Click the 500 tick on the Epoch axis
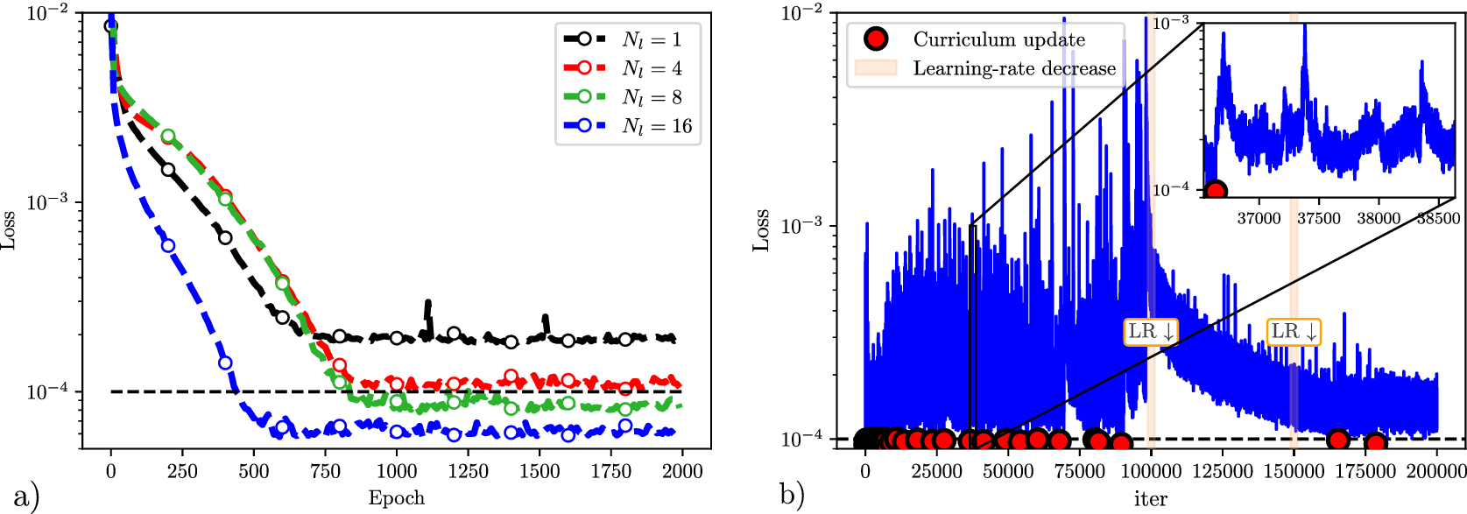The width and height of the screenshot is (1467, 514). tap(253, 471)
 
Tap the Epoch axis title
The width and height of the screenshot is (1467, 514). tap(396, 499)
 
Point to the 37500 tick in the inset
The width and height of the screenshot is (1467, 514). tap(1318, 218)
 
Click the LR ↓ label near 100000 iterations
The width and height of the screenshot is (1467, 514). tap(1151, 332)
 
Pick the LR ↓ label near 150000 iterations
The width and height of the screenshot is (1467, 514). tap(1294, 332)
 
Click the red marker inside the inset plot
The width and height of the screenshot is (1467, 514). tap(1215, 191)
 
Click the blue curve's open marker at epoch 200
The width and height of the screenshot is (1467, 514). tap(167, 245)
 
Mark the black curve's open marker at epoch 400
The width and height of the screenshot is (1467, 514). tap(224, 237)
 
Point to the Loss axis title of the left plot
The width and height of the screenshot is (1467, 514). tap(9, 230)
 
